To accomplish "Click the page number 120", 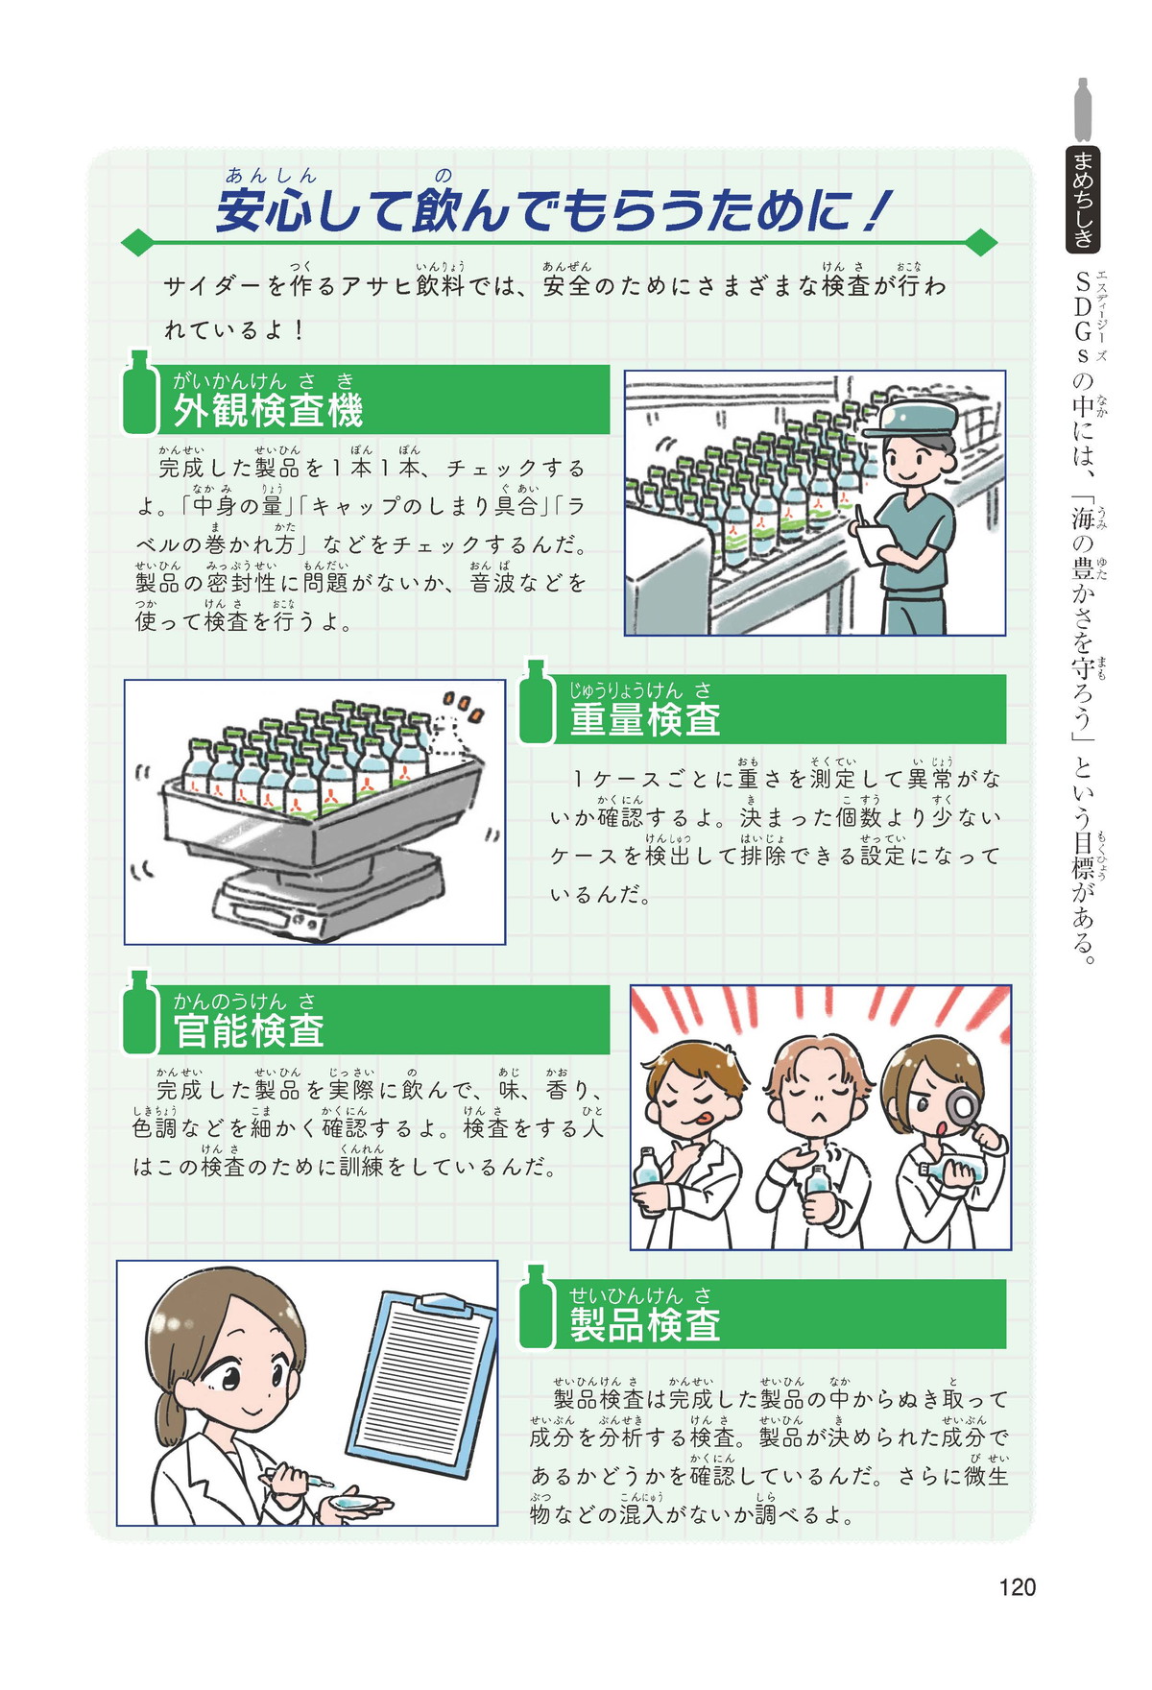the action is [1017, 1587].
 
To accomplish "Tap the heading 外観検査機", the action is [268, 411].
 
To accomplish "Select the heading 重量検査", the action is [645, 719].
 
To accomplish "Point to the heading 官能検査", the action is [249, 1030].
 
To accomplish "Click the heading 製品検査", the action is [645, 1325].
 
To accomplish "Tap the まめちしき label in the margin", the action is [1084, 200].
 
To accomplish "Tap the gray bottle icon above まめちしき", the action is [1084, 109].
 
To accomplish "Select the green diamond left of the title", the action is [137, 242].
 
